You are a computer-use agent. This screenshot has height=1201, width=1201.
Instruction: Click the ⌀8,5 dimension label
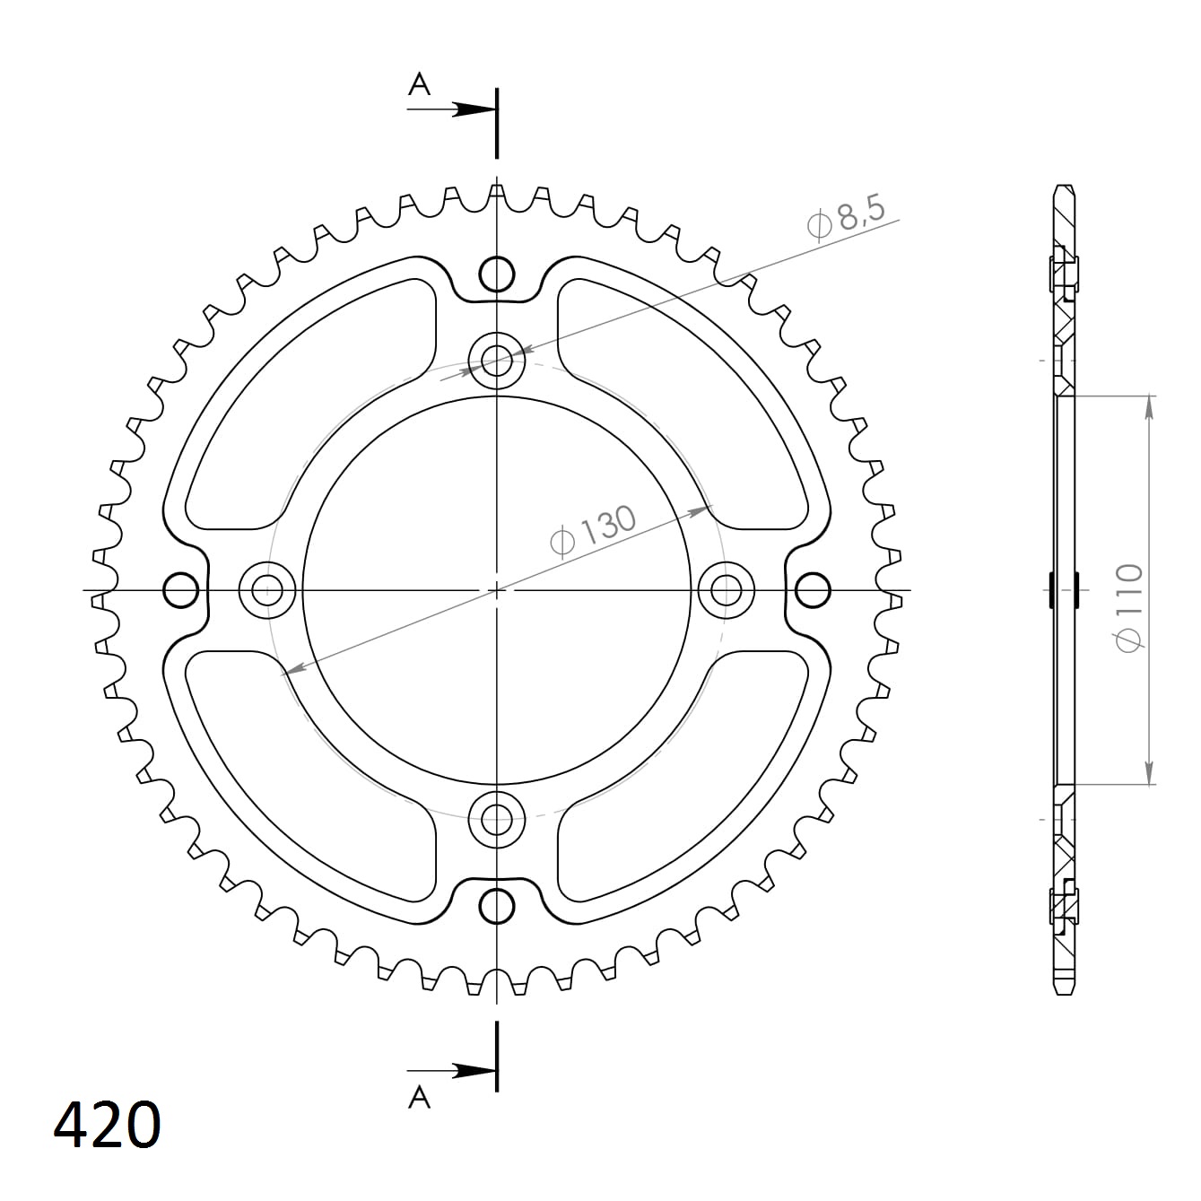(x=846, y=219)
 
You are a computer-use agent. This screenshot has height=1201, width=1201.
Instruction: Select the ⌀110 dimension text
(x=1128, y=608)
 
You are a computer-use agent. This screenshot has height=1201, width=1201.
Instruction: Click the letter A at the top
(x=419, y=85)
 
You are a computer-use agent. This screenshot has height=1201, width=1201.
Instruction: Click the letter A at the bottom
(x=419, y=1096)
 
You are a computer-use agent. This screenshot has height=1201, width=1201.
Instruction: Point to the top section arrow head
(x=473, y=109)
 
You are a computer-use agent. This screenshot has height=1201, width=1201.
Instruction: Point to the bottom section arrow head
(x=473, y=1071)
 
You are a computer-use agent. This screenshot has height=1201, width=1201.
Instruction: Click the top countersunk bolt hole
(x=497, y=361)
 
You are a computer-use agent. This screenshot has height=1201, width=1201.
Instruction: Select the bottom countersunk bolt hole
(x=497, y=818)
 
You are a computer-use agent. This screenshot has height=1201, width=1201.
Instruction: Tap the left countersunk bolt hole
(x=267, y=590)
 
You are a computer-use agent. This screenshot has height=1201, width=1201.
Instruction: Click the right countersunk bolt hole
(x=727, y=590)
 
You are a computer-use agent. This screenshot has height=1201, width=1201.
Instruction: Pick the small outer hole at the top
(x=497, y=274)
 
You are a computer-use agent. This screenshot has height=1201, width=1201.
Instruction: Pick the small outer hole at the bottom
(x=497, y=907)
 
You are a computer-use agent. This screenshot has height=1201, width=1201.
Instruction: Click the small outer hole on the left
(x=181, y=590)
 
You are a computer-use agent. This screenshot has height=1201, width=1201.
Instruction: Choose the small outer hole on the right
(x=813, y=590)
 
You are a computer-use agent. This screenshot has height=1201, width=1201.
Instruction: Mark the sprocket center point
(x=497, y=590)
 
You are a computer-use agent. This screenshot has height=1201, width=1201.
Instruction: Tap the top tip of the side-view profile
(x=1064, y=187)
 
